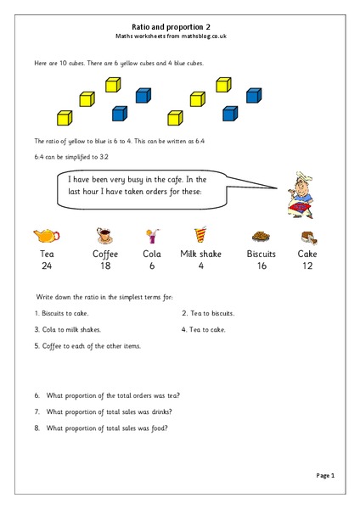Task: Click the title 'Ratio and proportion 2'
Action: pos(179,26)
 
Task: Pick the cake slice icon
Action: pos(308,237)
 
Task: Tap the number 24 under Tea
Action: pos(46,266)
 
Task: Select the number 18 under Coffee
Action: pos(105,266)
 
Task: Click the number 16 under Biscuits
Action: pos(261,266)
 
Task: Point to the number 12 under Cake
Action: pos(307,266)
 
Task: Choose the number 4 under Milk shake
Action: pos(201,266)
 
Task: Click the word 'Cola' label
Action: pos(152,254)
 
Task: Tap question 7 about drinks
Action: pos(103,411)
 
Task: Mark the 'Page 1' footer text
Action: pos(326,476)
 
